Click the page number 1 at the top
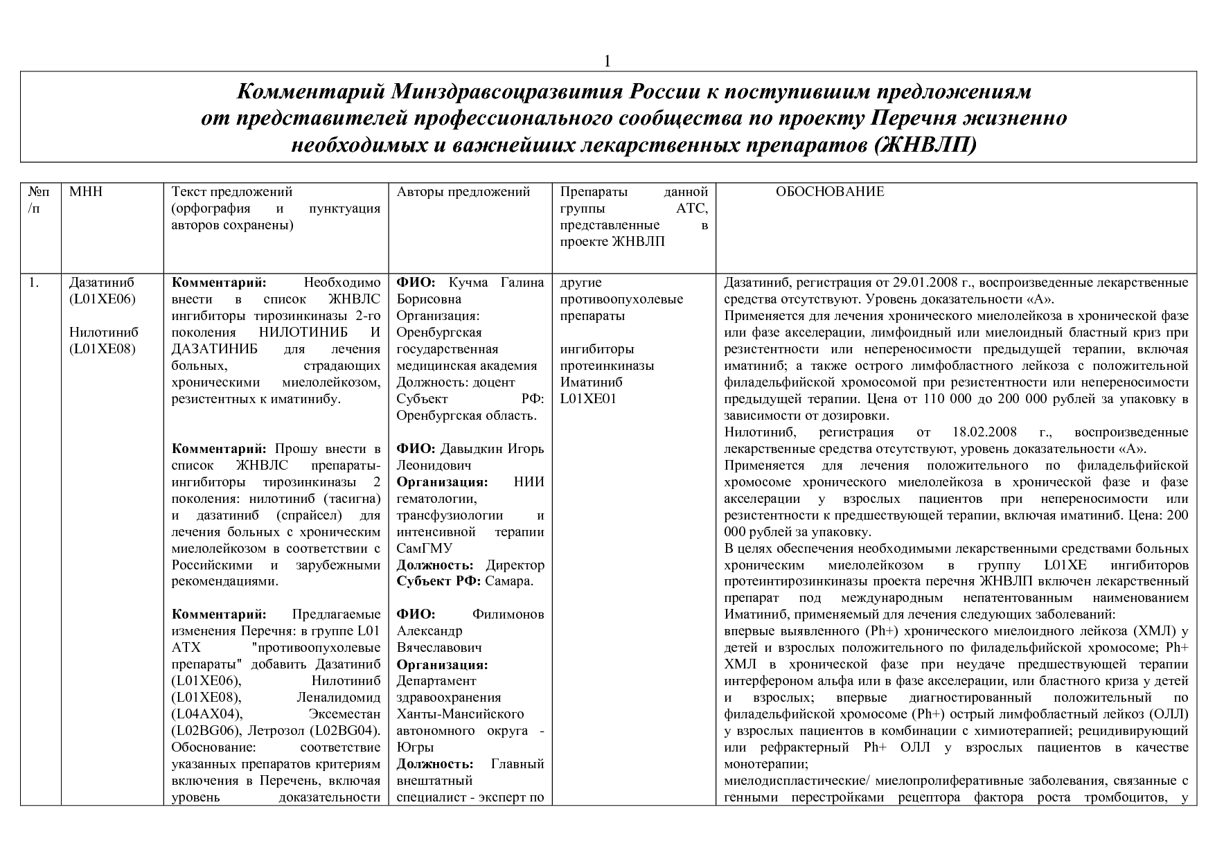point(607,62)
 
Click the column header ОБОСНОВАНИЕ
point(830,192)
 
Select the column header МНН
point(86,192)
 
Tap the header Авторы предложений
point(463,192)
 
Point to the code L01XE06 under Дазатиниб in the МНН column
point(102,299)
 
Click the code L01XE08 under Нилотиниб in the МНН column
point(102,349)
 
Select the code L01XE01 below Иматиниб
point(588,399)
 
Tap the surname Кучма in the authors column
point(468,283)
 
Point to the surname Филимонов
point(508,614)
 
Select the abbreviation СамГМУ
point(424,549)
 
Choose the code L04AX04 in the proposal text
point(205,714)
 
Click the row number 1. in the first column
point(34,283)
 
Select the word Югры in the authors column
point(416,747)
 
